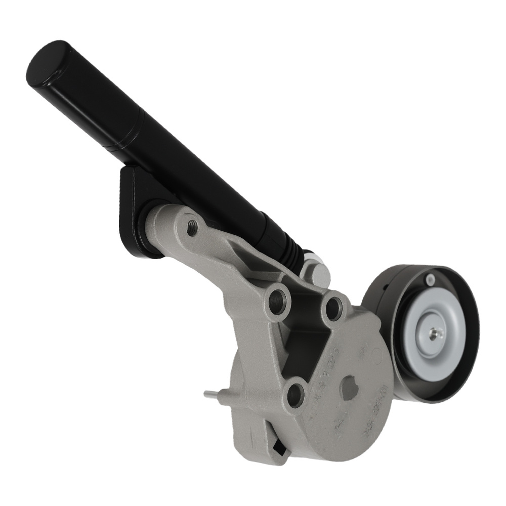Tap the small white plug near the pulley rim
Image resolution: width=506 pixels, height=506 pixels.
point(430,278)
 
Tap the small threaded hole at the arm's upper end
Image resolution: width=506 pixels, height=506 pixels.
point(192,228)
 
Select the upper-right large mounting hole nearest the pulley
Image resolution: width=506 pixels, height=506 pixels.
point(334,308)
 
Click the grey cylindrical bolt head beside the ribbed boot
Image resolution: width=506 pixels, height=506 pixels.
point(318,273)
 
